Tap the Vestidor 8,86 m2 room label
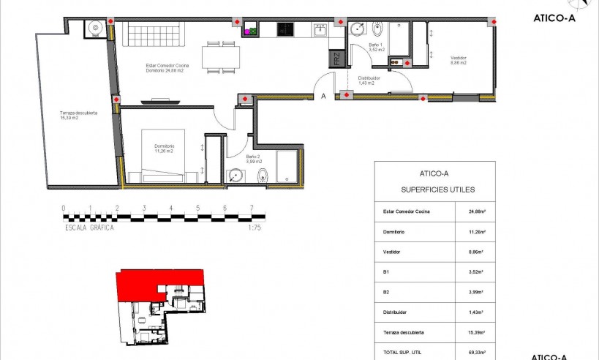click(459, 61)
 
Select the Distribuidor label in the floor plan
click(369, 80)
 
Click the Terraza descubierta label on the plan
click(73, 116)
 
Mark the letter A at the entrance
click(323, 95)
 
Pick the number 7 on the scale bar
click(252, 208)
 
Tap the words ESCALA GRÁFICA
click(88, 227)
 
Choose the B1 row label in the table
click(385, 271)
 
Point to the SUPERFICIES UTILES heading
click(438, 190)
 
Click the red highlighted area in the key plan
click(157, 283)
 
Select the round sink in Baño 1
click(357, 29)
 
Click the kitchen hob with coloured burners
click(251, 31)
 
